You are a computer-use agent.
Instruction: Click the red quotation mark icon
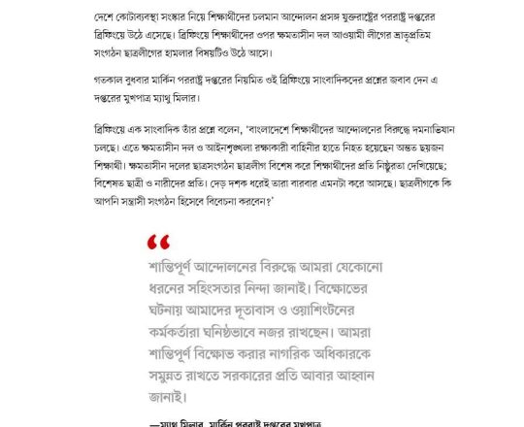(x=158, y=242)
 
